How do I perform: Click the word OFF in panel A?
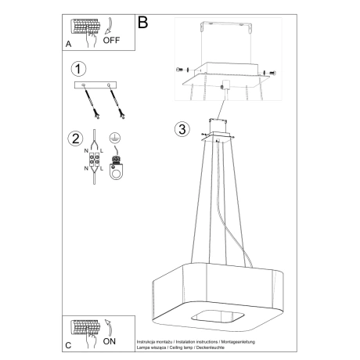pyautogui.click(x=111, y=43)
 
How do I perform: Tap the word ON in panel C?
pyautogui.click(x=110, y=341)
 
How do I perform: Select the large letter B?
pyautogui.click(x=143, y=23)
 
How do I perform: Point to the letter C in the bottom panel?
pyautogui.click(x=69, y=344)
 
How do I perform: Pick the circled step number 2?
pyautogui.click(x=76, y=140)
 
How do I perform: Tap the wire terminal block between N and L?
pyautogui.click(x=97, y=161)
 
